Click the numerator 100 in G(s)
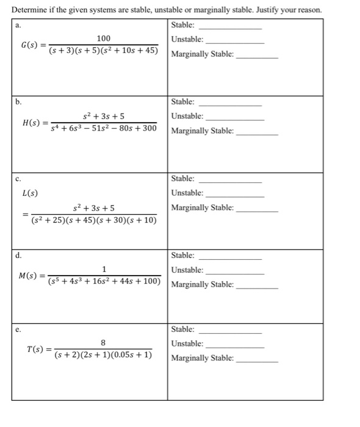click(104, 38)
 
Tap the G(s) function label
click(30, 45)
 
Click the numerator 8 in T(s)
click(104, 343)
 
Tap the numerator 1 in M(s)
click(104, 269)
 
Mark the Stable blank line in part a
click(230, 29)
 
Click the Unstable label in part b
click(187, 116)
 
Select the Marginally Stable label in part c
click(202, 208)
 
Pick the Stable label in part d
click(183, 255)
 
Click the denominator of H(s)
click(104, 129)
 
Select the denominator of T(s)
click(104, 355)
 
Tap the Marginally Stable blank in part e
click(257, 362)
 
